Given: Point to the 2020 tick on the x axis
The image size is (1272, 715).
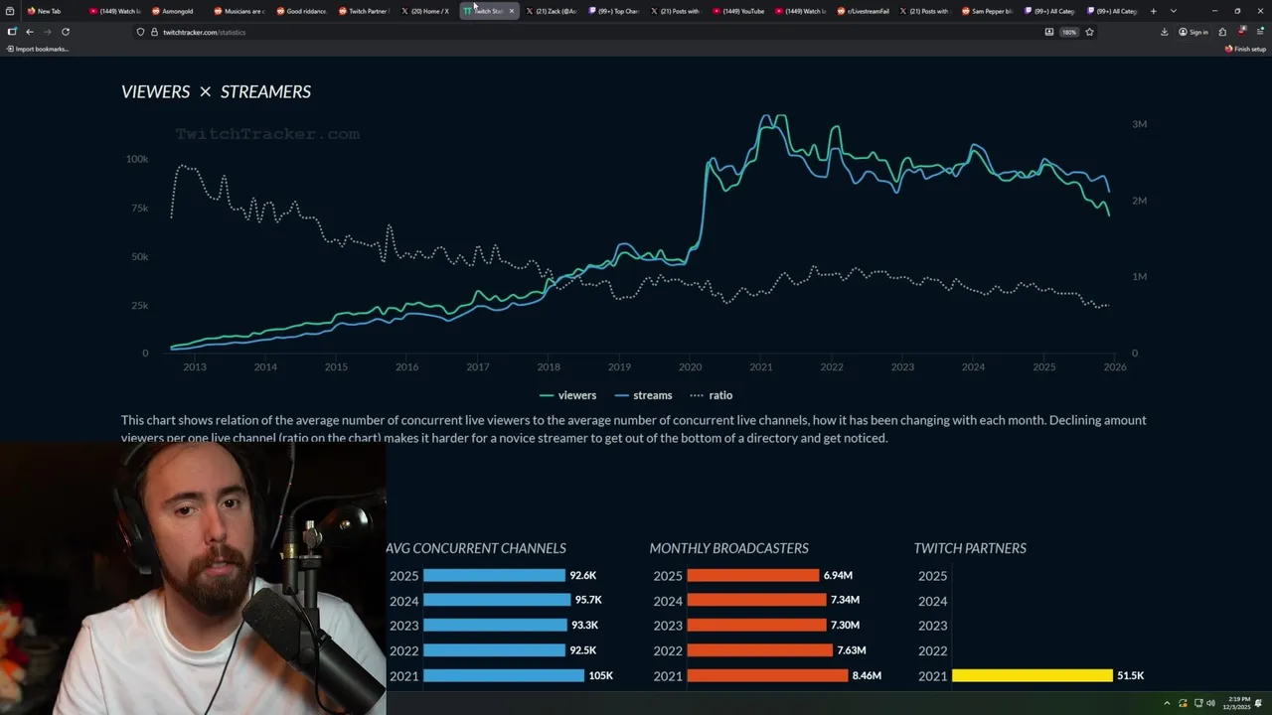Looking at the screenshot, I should [x=690, y=367].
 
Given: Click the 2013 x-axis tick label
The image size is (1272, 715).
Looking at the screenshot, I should [x=195, y=367].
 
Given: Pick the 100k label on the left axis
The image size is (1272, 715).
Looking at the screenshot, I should [x=136, y=159].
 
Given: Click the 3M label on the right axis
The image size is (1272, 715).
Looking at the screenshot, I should [x=1139, y=124].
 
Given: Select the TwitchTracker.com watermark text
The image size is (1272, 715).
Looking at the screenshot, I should [x=267, y=134].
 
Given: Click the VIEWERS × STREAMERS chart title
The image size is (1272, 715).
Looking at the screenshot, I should [x=216, y=91].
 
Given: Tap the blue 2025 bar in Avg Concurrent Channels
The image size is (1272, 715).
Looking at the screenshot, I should [x=494, y=575].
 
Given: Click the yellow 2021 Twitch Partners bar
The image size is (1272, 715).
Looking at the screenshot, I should [x=1032, y=675].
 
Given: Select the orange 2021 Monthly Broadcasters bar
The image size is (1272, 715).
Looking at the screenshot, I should [x=766, y=675].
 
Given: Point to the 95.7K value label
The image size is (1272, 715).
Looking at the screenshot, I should [x=587, y=600].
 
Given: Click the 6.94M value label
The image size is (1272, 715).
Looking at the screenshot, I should [x=838, y=575].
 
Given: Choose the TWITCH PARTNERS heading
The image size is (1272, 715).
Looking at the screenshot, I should [x=970, y=548].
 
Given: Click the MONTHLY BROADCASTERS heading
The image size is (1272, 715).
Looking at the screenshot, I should [x=728, y=548].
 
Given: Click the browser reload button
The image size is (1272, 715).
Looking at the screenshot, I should [x=66, y=32].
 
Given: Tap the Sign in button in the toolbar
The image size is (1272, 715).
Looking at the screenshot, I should [x=1193, y=32].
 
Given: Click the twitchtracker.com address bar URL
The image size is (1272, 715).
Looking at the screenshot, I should [x=204, y=32].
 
